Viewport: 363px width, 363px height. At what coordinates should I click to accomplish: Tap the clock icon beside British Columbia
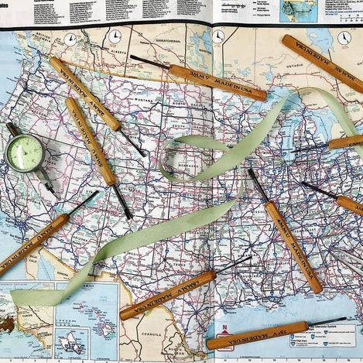(x=69, y=39)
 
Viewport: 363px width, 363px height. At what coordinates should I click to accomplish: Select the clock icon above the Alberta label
(x=115, y=36)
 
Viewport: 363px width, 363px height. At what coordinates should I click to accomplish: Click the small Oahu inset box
(x=65, y=341)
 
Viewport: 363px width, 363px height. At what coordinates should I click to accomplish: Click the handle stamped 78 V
(x=264, y=334)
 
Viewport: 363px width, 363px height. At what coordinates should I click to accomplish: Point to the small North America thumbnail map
(x=298, y=9)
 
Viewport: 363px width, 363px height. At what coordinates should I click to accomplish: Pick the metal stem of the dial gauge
(x=46, y=183)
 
